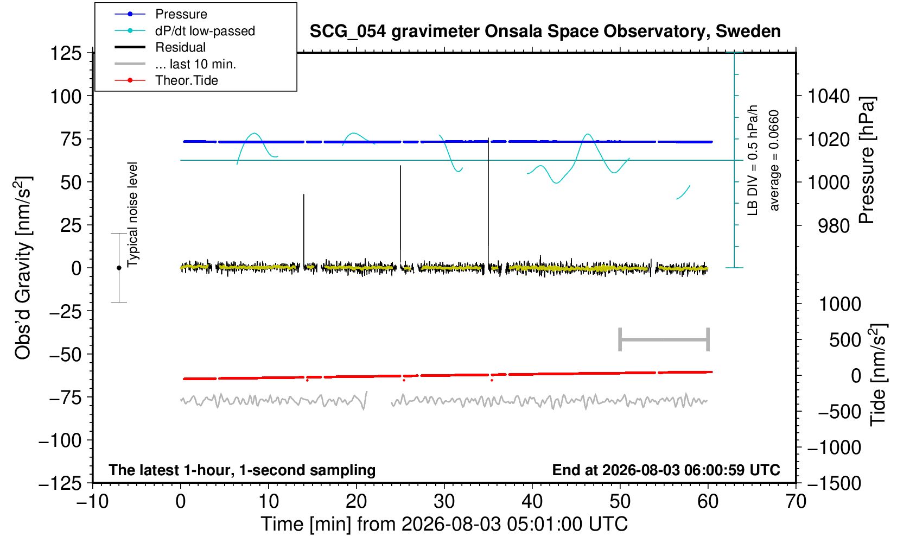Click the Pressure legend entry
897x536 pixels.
(x=161, y=15)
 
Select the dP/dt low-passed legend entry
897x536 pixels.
(x=185, y=31)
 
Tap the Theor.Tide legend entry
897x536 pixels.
(x=166, y=80)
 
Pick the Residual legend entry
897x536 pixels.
(x=160, y=47)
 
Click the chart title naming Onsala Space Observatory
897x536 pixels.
(x=545, y=31)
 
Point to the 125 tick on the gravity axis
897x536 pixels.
(x=66, y=53)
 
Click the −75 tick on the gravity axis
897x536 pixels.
(x=66, y=398)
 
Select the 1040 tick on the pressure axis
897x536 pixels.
(x=829, y=96)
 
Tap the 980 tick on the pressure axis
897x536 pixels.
(x=834, y=226)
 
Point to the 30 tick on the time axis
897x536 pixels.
(x=444, y=501)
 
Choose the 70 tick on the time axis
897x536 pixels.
(x=796, y=501)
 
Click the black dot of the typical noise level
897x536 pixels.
(x=119, y=268)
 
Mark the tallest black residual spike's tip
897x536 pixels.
(x=488, y=138)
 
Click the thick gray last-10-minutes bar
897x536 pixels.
(x=664, y=339)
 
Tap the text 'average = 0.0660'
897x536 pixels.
(x=774, y=160)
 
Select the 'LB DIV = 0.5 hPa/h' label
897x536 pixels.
(x=753, y=160)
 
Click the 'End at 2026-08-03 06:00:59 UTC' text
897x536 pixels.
(x=666, y=470)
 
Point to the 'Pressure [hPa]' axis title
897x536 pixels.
(x=867, y=160)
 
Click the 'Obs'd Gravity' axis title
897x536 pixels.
(x=23, y=268)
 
